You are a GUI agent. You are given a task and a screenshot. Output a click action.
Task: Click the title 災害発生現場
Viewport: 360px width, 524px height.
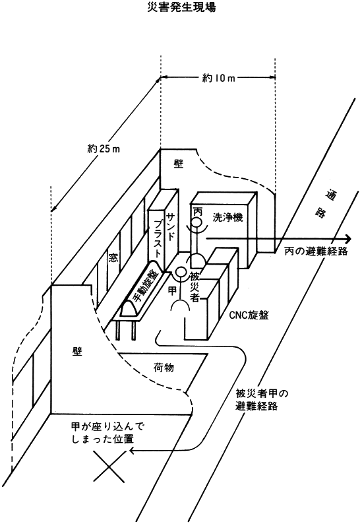tap(181, 7)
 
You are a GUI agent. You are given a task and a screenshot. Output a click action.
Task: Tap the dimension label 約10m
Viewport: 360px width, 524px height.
tap(218, 78)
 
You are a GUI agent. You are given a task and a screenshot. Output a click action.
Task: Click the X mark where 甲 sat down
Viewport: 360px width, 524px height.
tap(109, 467)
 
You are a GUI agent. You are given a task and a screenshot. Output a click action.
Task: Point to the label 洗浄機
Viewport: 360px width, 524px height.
tap(227, 217)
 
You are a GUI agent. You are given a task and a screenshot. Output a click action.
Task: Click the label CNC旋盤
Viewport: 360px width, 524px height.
tap(249, 315)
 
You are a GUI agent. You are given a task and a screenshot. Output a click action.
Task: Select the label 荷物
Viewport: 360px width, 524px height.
tap(164, 368)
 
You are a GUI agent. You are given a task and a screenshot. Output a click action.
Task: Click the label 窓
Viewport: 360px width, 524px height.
tap(113, 257)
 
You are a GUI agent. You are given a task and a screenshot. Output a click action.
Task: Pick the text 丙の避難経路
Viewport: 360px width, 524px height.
tap(316, 251)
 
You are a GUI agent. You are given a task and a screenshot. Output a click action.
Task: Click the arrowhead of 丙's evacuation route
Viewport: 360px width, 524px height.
tap(348, 239)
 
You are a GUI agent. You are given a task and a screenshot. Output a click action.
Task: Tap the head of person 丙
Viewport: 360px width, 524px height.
tap(196, 222)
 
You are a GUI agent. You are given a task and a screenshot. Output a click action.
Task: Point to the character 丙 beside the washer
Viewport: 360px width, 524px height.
tap(198, 211)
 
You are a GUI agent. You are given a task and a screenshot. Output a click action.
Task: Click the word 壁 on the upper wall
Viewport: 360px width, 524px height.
tap(179, 164)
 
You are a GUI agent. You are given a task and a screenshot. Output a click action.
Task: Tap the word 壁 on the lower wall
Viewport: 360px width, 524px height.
tap(77, 351)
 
